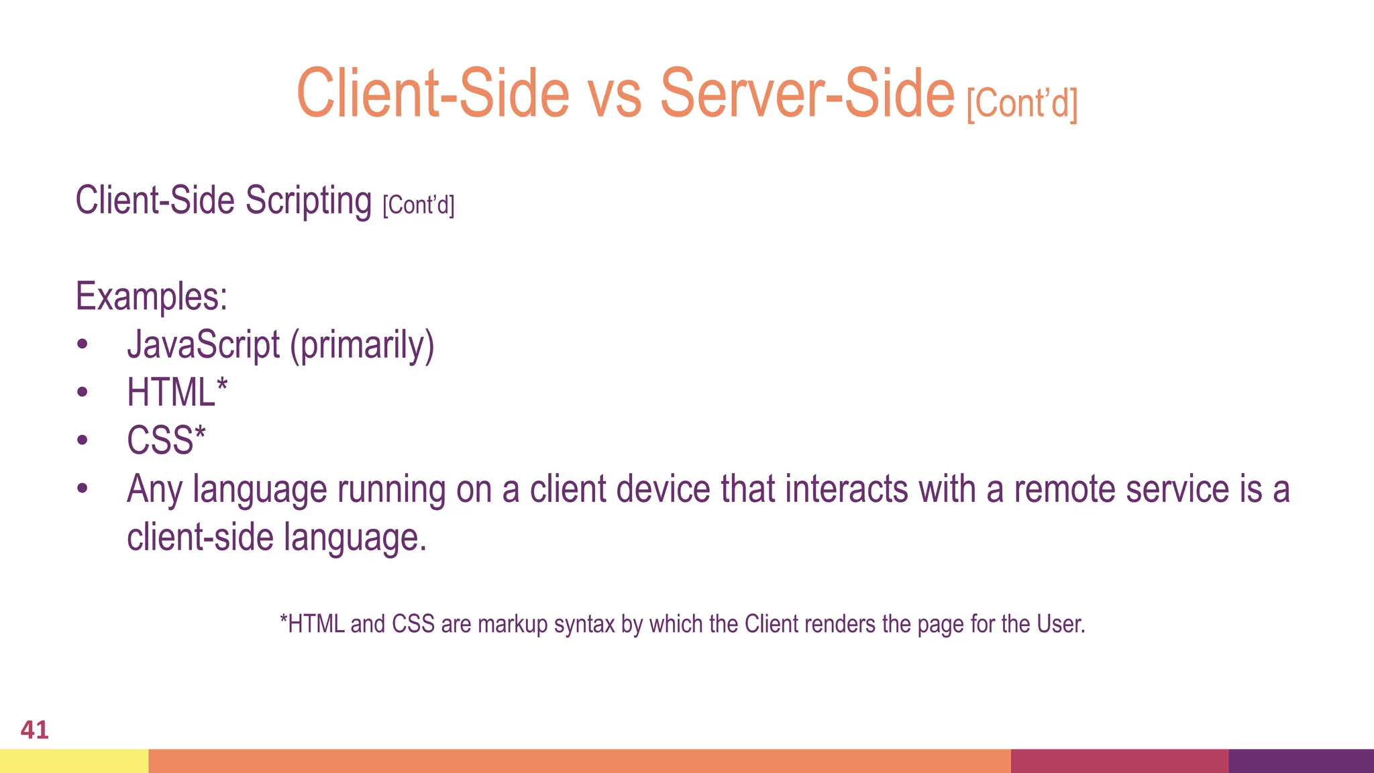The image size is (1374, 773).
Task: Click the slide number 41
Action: point(34,729)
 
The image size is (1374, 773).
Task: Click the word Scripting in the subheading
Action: point(308,201)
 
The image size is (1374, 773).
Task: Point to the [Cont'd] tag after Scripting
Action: point(419,205)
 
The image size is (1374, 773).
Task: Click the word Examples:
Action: point(152,297)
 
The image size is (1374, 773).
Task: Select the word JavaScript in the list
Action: point(203,345)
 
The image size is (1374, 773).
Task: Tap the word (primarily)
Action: point(362,346)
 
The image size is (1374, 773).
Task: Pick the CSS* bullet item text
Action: point(166,441)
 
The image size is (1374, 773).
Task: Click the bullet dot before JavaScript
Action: point(82,345)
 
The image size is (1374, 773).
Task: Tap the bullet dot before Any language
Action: point(82,489)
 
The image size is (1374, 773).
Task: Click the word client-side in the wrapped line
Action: point(200,537)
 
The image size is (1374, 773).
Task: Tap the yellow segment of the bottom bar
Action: point(74,761)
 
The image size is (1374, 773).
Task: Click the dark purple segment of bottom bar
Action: point(1301,761)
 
